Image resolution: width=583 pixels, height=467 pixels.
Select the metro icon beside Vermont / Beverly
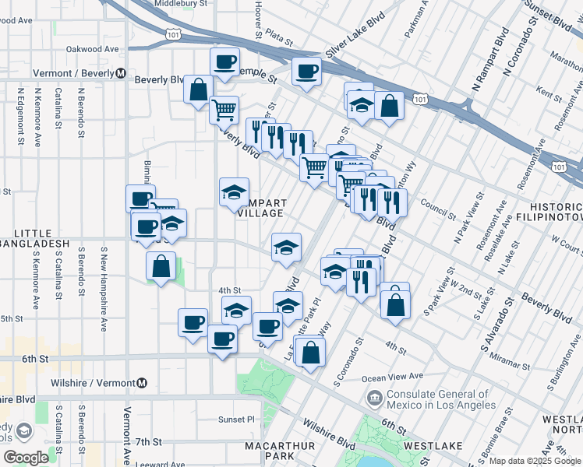121,74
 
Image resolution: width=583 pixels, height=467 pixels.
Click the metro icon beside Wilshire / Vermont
142,382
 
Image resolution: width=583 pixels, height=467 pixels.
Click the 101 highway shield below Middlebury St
173,33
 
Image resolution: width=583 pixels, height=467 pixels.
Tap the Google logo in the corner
26,458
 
